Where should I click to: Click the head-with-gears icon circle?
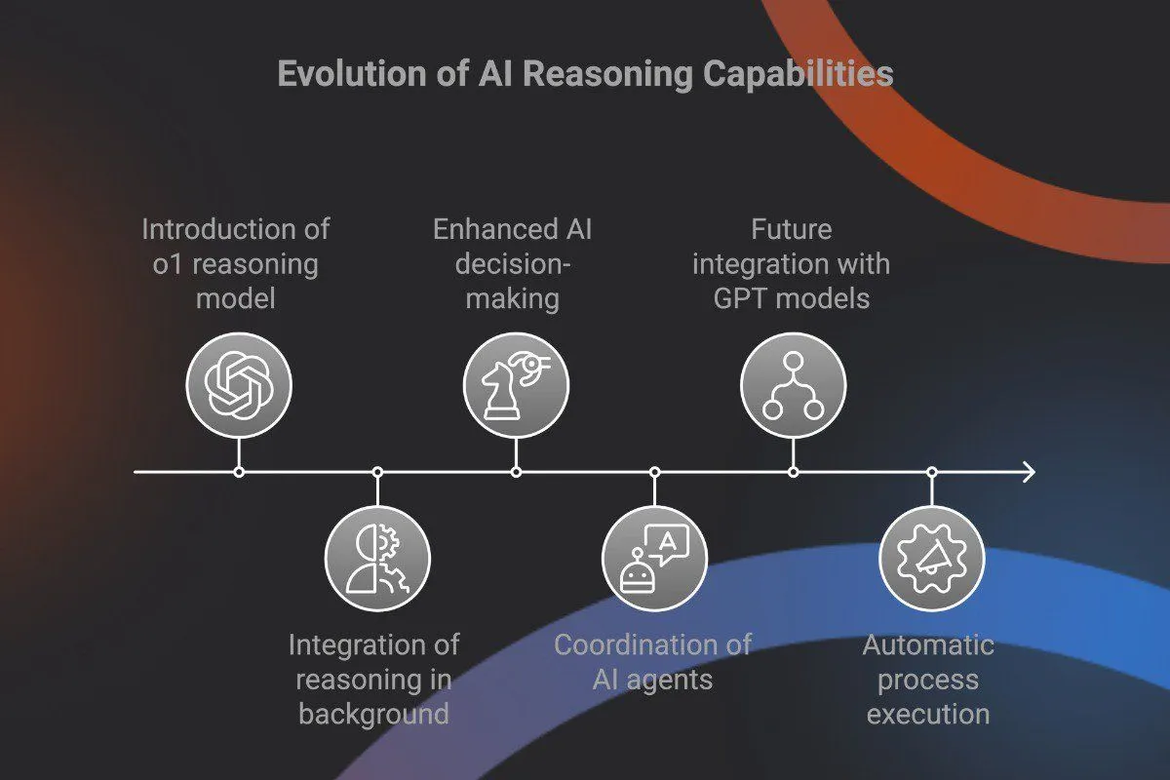377,560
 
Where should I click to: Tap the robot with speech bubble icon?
654,560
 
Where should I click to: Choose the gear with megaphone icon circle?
931,560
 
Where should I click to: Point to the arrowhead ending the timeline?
1028,472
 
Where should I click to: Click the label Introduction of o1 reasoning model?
236,263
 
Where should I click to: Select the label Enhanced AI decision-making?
513,263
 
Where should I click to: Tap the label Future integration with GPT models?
791,263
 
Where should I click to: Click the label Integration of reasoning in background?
373,679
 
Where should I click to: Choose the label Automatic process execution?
928,679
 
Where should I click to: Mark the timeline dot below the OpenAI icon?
239,472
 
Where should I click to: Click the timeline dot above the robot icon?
654,472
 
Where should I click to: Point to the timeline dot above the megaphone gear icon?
931,472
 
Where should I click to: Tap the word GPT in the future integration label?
743,297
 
